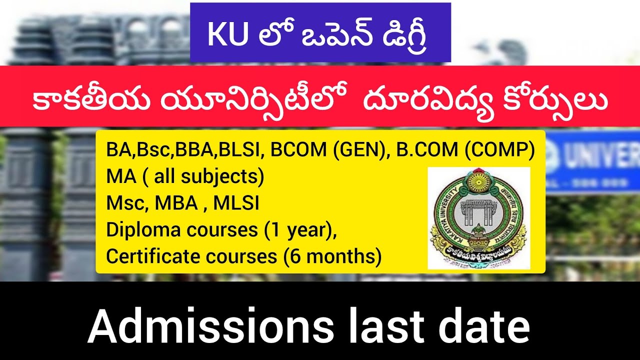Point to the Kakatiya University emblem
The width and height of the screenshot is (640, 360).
[478, 218]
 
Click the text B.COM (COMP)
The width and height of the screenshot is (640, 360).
[465, 150]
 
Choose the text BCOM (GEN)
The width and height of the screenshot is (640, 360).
[329, 150]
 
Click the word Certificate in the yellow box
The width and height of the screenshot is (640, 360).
[148, 256]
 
